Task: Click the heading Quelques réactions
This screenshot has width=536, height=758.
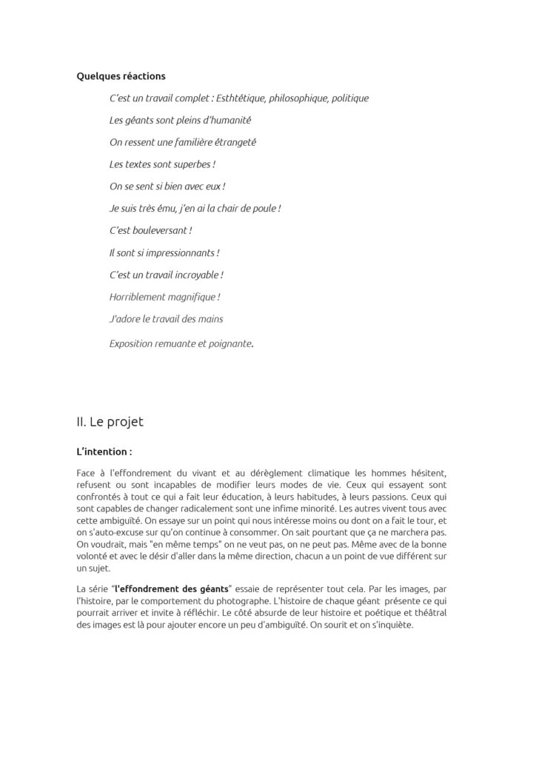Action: (x=121, y=76)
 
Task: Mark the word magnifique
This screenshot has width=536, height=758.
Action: (x=196, y=297)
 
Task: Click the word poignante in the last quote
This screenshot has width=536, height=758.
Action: (x=229, y=343)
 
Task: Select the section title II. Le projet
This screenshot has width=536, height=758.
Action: (x=110, y=422)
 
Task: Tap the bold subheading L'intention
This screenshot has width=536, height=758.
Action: (x=104, y=450)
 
